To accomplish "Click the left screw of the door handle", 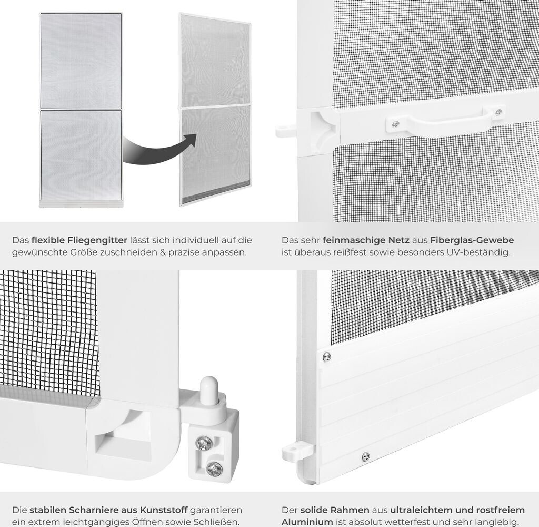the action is pyautogui.click(x=396, y=123).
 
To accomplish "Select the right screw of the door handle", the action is pyautogui.click(x=498, y=112).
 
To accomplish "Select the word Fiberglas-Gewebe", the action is pyautogui.click(x=472, y=240).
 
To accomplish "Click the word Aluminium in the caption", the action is pyautogui.click(x=307, y=522).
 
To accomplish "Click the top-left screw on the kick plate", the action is pyautogui.click(x=326, y=357).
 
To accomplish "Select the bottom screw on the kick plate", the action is pyautogui.click(x=366, y=456).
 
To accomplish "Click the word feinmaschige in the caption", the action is pyautogui.click(x=366, y=240).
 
